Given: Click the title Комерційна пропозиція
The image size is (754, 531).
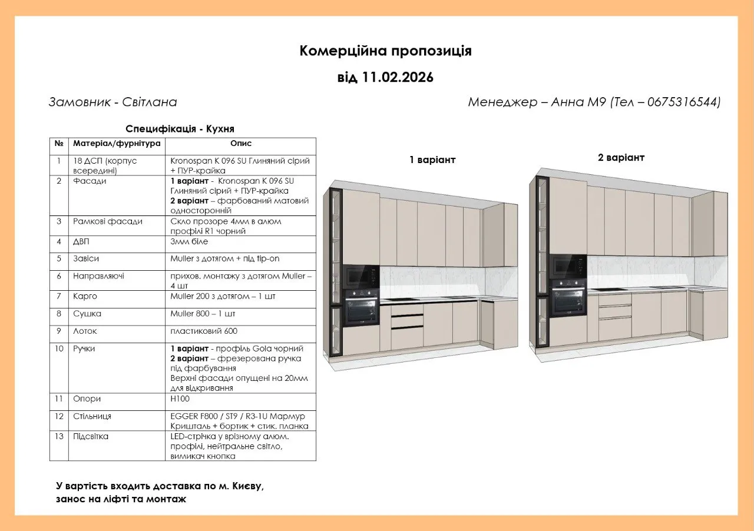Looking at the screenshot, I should tap(385, 51).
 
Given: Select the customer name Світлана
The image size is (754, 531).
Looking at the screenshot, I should tap(149, 102).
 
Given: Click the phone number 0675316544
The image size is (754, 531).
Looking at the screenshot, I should tap(683, 102).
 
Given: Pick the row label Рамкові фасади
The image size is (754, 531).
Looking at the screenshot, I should tap(107, 221).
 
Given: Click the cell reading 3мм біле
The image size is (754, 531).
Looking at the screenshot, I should tap(189, 241).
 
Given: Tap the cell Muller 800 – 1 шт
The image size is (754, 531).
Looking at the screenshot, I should tap(203, 314).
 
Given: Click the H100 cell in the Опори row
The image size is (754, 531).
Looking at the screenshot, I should tap(180, 399).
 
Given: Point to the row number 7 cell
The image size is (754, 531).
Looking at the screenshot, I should tap(59, 296).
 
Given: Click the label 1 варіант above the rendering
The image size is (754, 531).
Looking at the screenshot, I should tap(432, 160).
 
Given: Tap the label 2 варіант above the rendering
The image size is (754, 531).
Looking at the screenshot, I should tap(621, 158).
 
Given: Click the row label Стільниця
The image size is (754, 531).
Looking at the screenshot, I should tap(92, 416).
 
